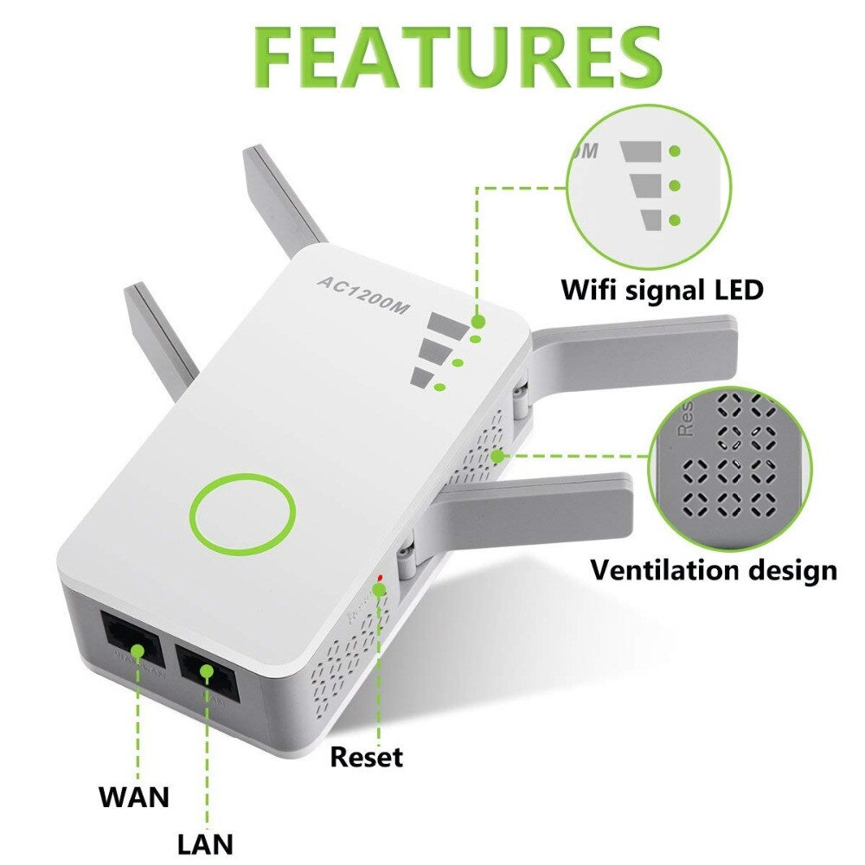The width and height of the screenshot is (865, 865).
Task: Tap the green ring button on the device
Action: [x=243, y=514]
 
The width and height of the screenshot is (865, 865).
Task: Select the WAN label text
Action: [x=134, y=796]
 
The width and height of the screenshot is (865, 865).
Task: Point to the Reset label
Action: [x=367, y=758]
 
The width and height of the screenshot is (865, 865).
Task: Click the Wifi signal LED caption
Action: [x=663, y=289]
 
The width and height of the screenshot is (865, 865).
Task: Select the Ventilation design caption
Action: [x=714, y=570]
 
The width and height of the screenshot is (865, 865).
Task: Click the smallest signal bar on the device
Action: [x=423, y=378]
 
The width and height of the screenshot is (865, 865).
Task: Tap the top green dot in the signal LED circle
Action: [x=675, y=151]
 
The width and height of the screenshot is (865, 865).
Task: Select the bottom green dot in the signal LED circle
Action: [x=675, y=220]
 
